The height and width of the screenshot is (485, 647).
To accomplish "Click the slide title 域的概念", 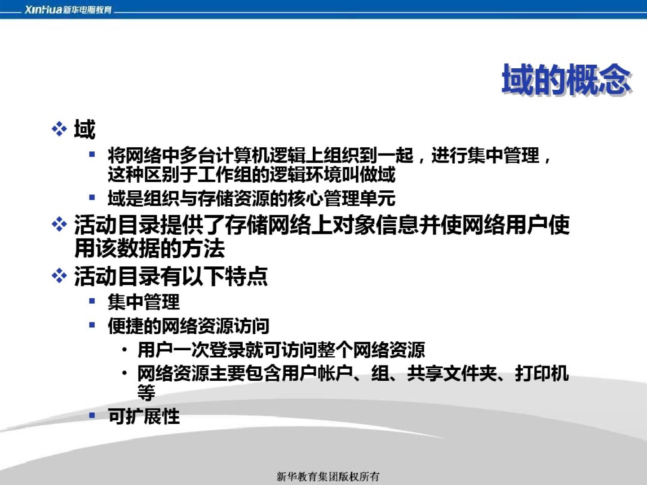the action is pos(566,79).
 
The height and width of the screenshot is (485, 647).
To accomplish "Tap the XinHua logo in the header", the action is pos(68,10).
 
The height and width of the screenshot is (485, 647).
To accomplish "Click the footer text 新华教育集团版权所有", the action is pos(328,476).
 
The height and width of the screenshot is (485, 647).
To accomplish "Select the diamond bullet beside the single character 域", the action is pos(59,129).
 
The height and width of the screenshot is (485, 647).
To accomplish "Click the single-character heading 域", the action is pos(84,129).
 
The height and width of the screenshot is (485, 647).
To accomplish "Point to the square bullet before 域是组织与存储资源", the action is pos(92,197).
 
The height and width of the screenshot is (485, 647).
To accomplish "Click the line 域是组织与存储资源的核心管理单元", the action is pos(252,198).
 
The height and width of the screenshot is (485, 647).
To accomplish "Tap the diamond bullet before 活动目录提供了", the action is pos(59,225).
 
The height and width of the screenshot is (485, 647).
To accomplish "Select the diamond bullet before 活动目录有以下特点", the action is pos(59,276).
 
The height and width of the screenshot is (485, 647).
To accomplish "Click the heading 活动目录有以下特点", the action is pos(171,276).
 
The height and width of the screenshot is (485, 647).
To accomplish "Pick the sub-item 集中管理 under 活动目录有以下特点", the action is pos(143,302).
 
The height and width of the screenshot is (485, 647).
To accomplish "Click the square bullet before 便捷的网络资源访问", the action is pos(92,325).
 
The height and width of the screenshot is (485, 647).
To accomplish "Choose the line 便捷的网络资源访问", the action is pos(189,326).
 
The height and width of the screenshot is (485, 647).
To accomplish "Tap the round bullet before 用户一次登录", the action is pos(125,350).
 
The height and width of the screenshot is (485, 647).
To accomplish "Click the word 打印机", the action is pos(542,373).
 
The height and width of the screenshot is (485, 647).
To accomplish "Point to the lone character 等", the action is pos(146,392).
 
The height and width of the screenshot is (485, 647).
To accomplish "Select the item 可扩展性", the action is pos(143,416).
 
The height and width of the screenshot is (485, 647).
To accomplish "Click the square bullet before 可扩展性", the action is pos(92,415).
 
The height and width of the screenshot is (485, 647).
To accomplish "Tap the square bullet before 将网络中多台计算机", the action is pos(92,154).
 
